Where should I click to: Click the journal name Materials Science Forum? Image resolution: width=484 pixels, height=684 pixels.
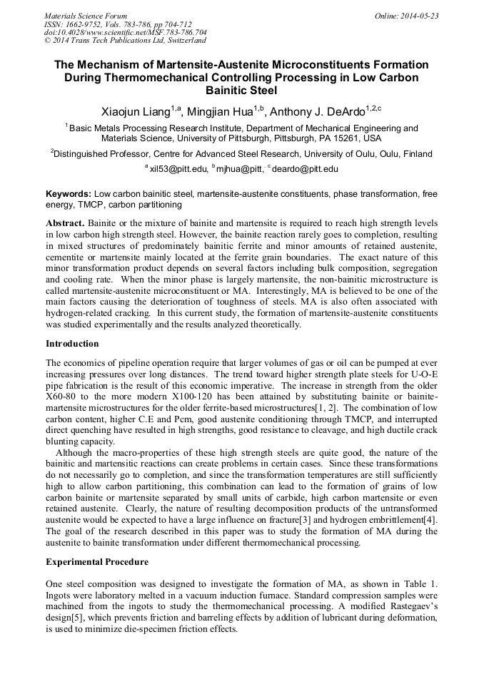[x=86, y=15]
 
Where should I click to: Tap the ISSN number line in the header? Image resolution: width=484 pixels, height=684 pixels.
[x=118, y=24]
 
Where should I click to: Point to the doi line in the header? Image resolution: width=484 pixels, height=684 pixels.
[x=126, y=32]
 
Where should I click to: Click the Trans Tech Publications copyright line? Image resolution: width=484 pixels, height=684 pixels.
[x=125, y=41]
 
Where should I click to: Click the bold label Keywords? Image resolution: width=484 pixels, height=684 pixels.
[x=69, y=194]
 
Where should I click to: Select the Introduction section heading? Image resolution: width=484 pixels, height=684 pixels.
[x=72, y=344]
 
